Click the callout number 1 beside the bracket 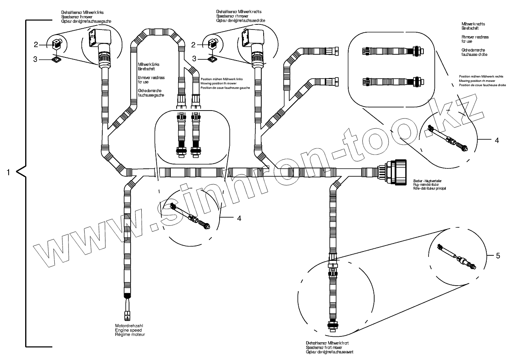click(8, 172)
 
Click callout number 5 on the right click(498, 256)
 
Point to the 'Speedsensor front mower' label click(324, 348)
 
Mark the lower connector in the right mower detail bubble click(392, 82)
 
